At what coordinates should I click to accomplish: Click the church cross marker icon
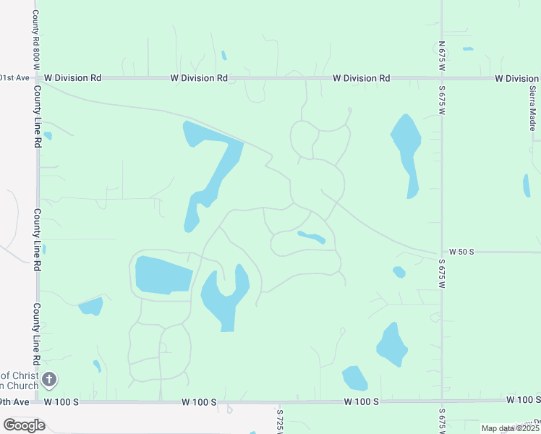pyautogui.click(x=48, y=379)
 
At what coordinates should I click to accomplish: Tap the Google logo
pyautogui.click(x=24, y=425)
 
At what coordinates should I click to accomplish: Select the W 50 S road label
pyautogui.click(x=461, y=251)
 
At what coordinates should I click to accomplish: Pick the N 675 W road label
pyautogui.click(x=441, y=54)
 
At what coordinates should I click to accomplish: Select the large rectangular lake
pyautogui.click(x=163, y=275)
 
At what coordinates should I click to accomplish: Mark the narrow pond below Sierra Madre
pyautogui.click(x=527, y=185)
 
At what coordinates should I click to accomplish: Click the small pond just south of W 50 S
pyautogui.click(x=399, y=272)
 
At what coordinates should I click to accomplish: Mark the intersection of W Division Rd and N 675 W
pyautogui.click(x=441, y=77)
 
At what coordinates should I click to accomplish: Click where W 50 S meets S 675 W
pyautogui.click(x=441, y=252)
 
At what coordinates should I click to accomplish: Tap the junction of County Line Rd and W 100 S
pyautogui.click(x=38, y=401)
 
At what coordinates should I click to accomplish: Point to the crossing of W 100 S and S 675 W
pyautogui.click(x=441, y=400)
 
